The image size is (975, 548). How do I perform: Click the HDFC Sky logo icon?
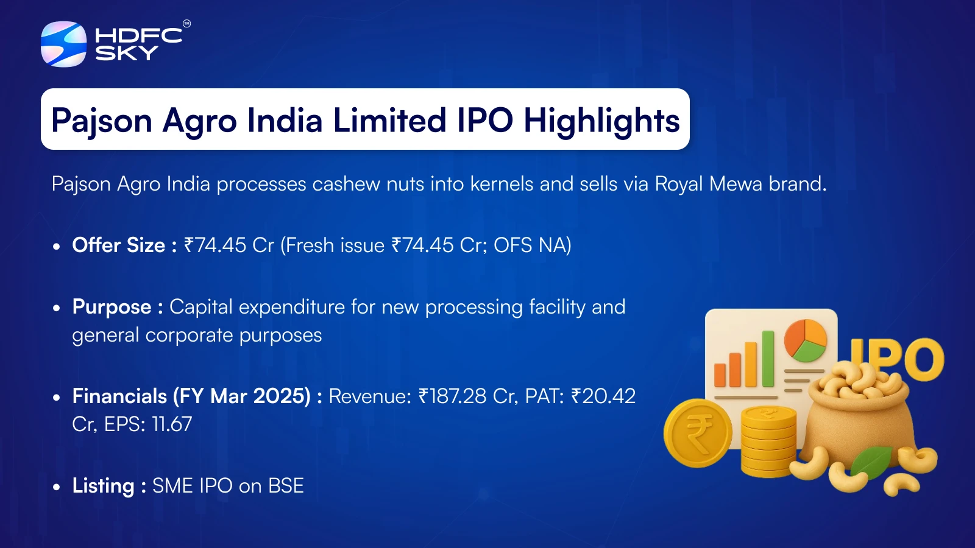63,44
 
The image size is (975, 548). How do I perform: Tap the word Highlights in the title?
601,121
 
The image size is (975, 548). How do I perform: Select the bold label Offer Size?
118,245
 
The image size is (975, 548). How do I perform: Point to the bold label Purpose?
112,307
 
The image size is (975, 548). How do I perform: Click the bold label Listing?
104,486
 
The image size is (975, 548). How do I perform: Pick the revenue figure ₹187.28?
453,396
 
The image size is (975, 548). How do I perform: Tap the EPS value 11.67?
172,424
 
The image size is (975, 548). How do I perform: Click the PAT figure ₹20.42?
603,396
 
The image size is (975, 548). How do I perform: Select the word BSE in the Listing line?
286,486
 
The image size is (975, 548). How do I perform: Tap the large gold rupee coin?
698,433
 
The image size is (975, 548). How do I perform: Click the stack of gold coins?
768,441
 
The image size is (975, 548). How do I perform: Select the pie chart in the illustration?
806,340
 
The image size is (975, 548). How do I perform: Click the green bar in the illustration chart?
768,359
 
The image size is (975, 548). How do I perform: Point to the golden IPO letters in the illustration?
896,359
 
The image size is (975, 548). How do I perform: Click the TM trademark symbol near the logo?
186,24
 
